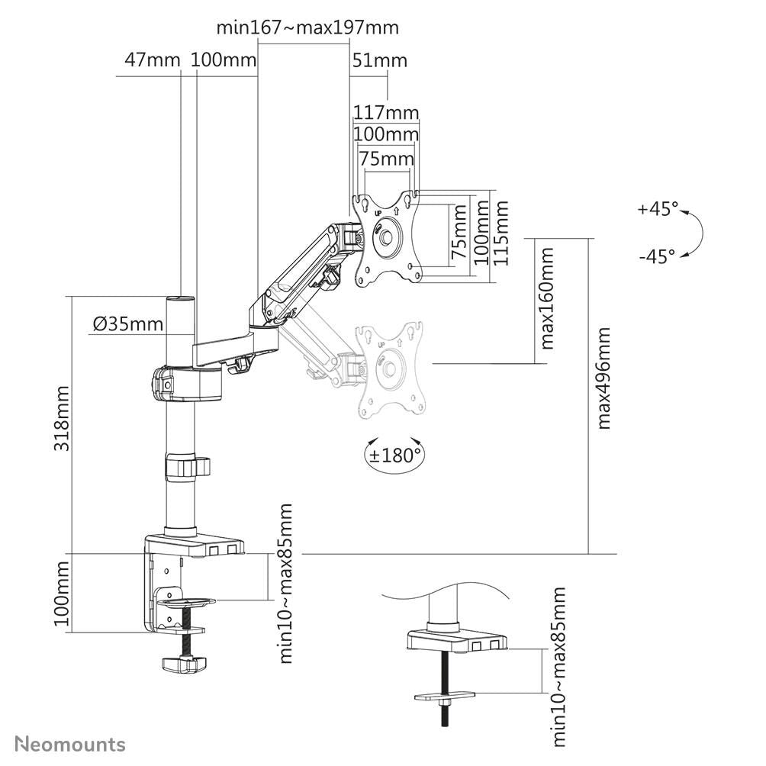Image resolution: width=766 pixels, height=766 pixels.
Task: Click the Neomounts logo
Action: coord(70,744)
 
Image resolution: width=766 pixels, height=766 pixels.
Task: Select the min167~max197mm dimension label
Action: coord(307,28)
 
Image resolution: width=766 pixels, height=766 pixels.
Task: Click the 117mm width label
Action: coord(386,113)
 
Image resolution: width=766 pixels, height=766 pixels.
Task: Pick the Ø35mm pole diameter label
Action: coord(128,324)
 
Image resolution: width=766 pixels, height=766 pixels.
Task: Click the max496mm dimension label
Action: coord(603,378)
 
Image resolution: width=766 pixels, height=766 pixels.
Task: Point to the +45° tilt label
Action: coord(658,208)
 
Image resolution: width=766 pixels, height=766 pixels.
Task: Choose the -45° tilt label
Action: coord(657,256)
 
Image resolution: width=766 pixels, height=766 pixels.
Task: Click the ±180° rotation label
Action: coord(394,456)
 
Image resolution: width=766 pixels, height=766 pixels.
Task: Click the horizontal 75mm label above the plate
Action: coord(386,159)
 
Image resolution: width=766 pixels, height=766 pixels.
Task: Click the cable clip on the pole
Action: coord(183,466)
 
